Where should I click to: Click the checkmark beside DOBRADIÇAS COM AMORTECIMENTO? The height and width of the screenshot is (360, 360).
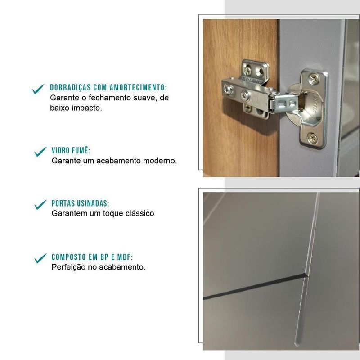pos(38,89)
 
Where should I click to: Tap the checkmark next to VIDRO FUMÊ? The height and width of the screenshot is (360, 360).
pos(40,152)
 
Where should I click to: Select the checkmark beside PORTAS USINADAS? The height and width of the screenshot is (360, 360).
pos(40,205)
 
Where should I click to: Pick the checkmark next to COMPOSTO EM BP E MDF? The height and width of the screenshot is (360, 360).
pos(40,258)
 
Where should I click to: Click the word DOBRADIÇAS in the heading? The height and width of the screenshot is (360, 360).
pos(71,87)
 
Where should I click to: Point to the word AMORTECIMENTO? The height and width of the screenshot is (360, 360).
pos(138,87)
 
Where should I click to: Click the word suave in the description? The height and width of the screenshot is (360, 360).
pos(145,98)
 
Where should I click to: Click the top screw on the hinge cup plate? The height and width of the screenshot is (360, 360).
pos(313,79)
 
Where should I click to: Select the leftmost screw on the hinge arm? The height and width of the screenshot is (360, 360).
pos(228,89)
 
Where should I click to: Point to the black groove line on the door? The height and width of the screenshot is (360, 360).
pos(255,287)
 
